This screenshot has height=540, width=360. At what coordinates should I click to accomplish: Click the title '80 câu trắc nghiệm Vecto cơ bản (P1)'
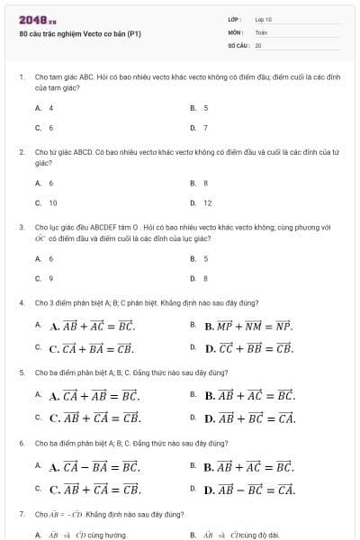(x=80, y=34)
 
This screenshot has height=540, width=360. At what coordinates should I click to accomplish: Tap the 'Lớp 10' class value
(x=263, y=18)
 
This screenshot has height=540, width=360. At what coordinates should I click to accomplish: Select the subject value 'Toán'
(x=261, y=31)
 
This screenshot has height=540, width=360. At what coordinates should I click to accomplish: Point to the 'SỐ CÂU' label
(x=238, y=44)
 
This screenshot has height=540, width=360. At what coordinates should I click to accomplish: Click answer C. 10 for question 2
(x=47, y=203)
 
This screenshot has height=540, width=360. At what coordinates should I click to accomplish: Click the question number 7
(x=21, y=514)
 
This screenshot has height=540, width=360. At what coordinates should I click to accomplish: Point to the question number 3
(x=21, y=228)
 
